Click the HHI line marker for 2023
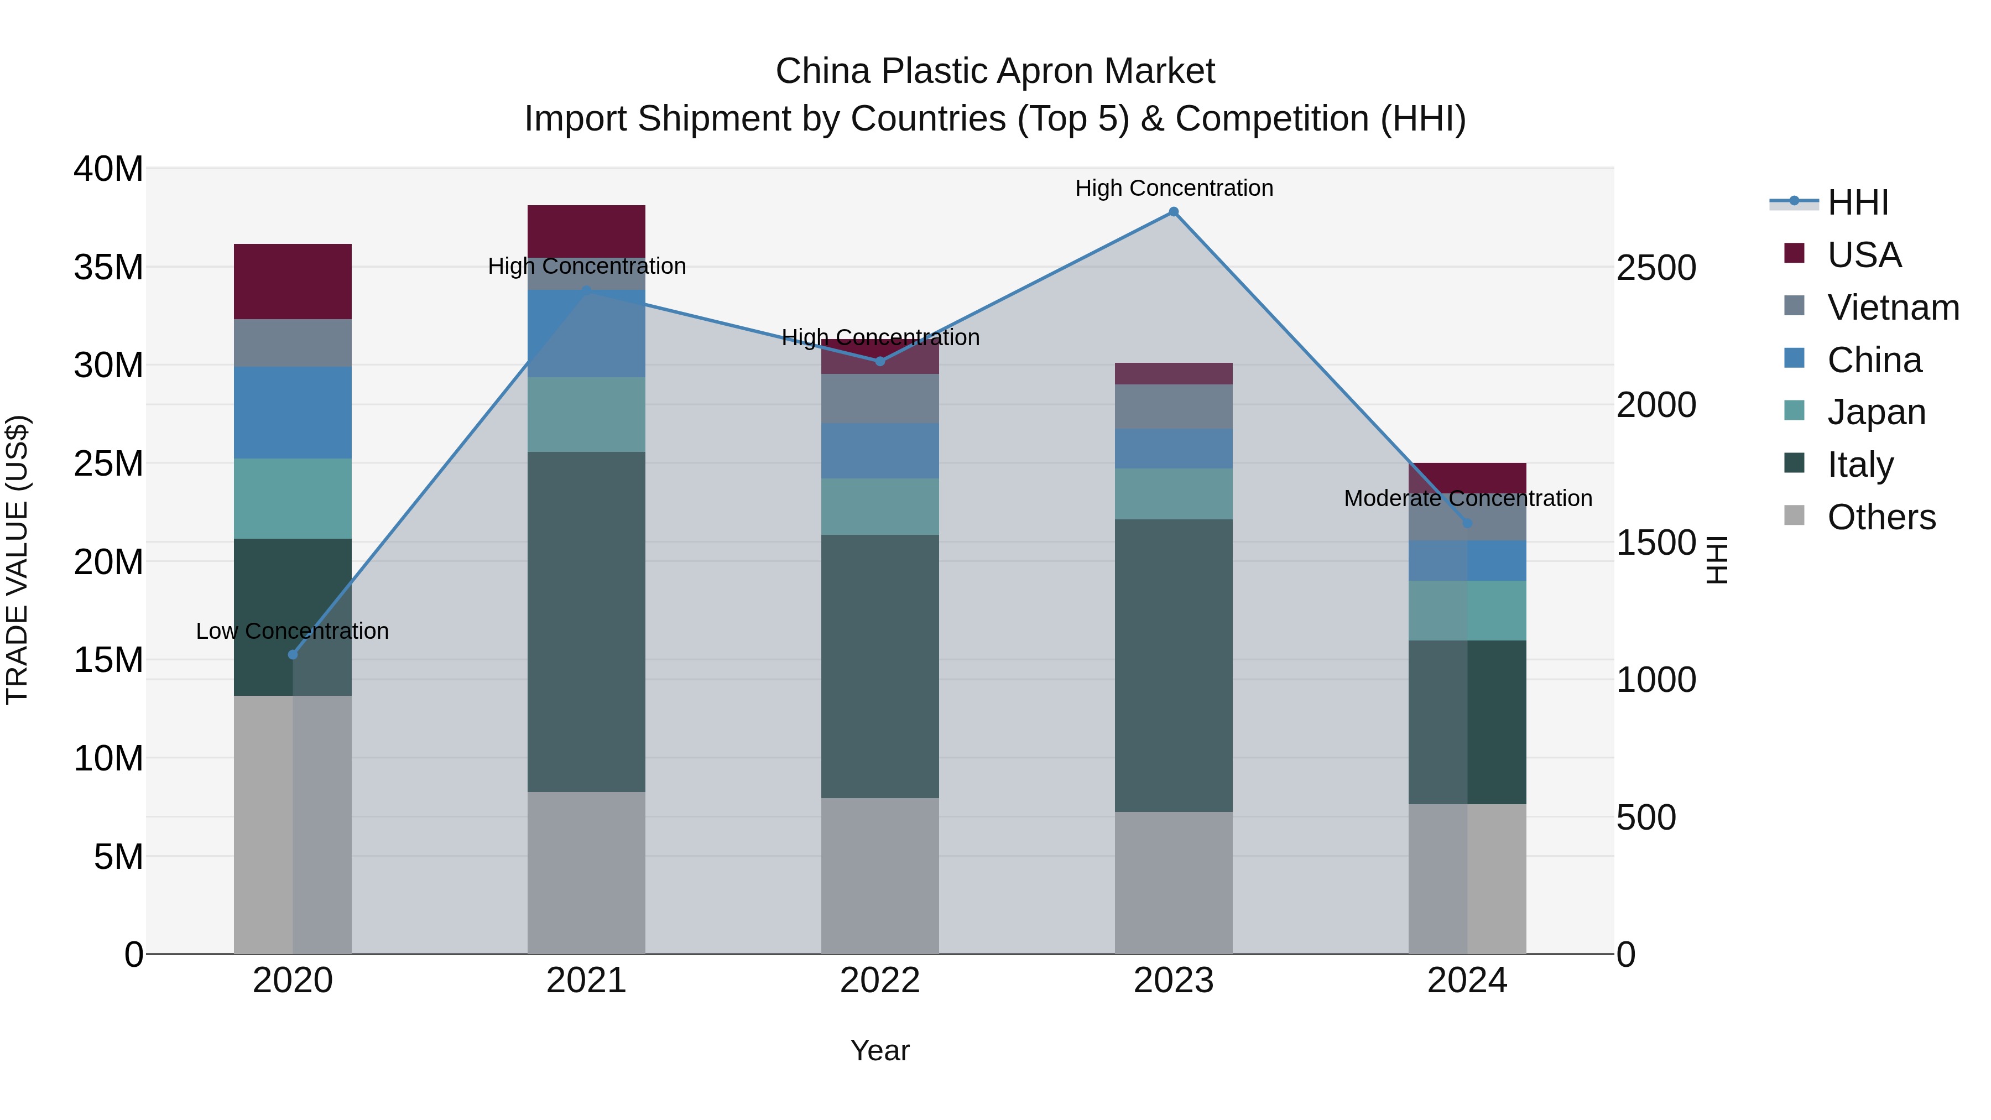click(1173, 212)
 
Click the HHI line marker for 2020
click(293, 655)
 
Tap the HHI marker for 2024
click(1467, 523)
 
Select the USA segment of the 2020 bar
click(293, 282)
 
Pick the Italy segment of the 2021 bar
click(586, 622)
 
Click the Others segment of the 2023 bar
click(1173, 882)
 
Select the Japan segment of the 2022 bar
click(879, 506)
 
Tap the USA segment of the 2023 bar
click(1173, 373)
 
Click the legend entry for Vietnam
click(1892, 307)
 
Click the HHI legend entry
click(1857, 202)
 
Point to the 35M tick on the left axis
click(108, 268)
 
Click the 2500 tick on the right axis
click(1655, 268)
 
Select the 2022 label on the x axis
click(879, 981)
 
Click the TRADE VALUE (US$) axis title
click(17, 560)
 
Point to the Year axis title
click(879, 1050)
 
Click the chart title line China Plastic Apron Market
click(995, 71)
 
